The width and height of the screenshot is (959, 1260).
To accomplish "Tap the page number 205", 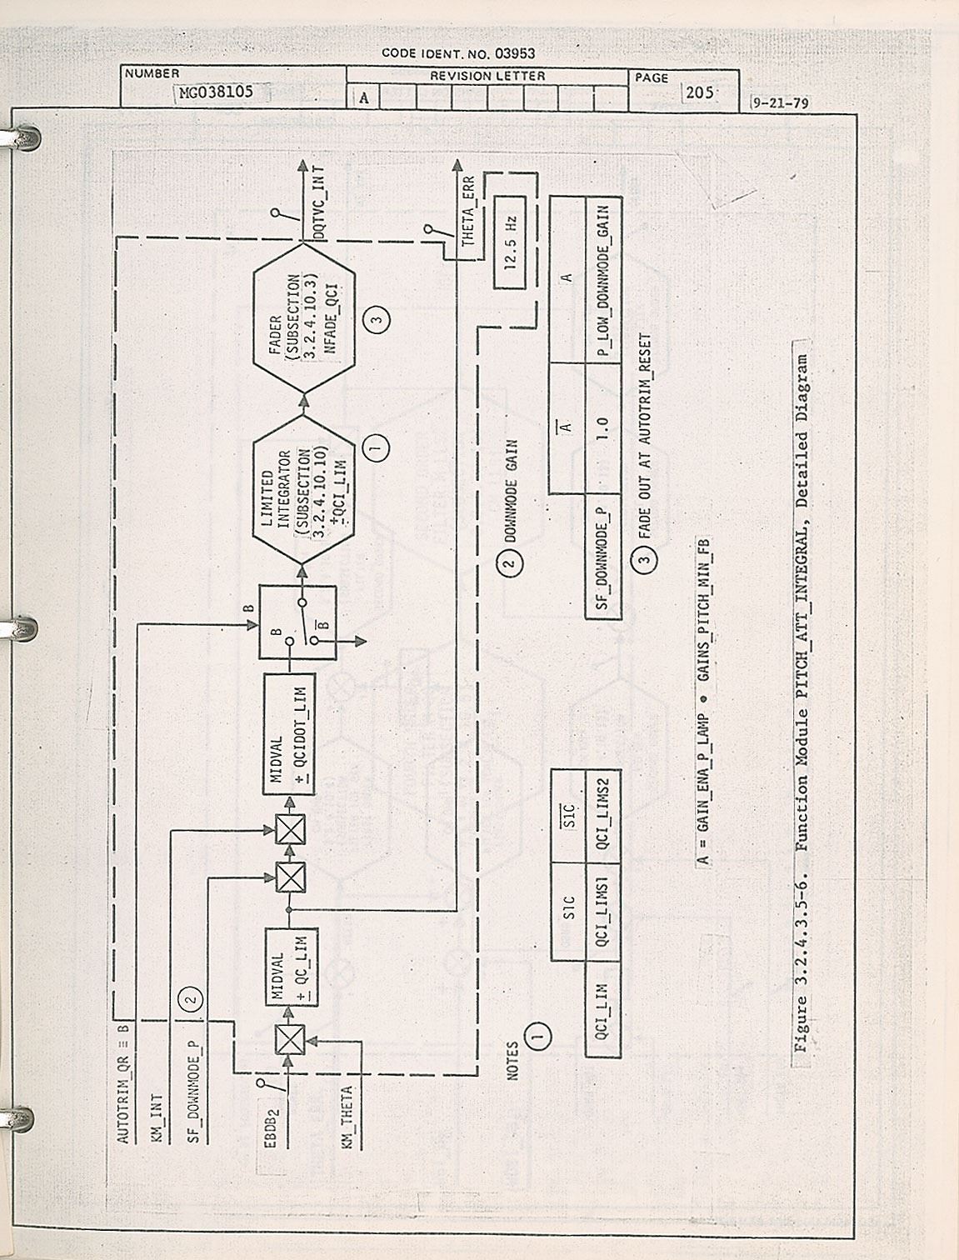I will (698, 92).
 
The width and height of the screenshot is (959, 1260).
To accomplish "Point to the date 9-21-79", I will (780, 105).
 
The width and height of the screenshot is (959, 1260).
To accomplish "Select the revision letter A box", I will (364, 98).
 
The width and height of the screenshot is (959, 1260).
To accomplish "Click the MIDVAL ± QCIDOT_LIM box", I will (288, 733).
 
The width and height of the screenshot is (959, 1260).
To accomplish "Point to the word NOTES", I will (512, 1060).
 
